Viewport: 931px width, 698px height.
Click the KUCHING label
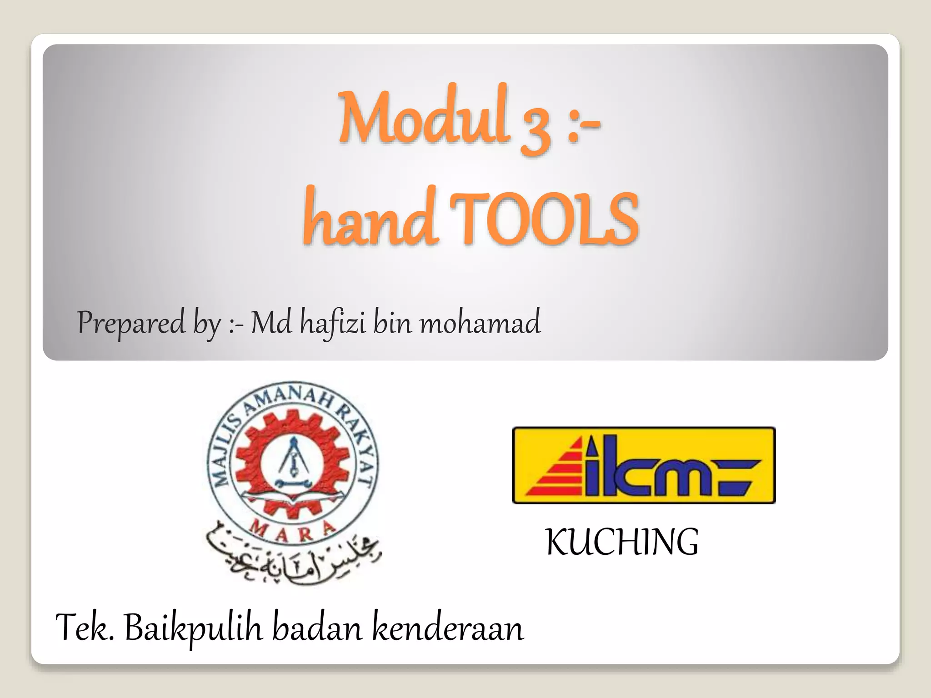pos(622,543)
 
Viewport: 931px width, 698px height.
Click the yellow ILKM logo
pos(644,465)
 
